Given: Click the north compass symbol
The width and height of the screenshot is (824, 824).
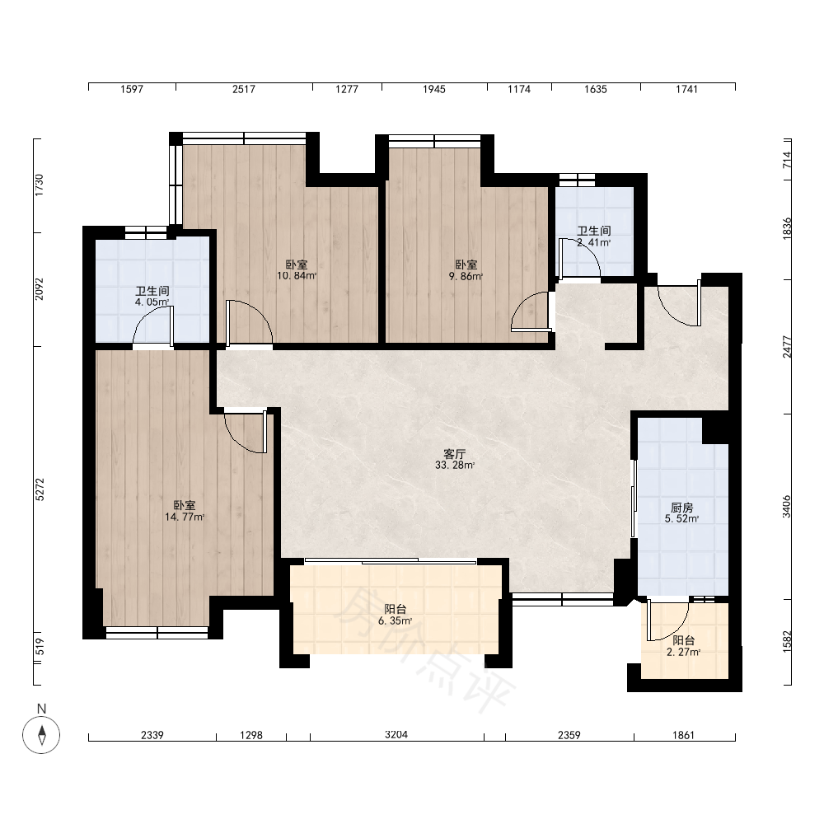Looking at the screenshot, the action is point(41,733).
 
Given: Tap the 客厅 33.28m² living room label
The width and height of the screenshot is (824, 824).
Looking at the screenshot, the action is point(455,459).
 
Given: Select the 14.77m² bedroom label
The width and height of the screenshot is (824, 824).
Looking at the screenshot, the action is point(185,511).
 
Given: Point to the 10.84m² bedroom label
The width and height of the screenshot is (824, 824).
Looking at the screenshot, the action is point(297,270).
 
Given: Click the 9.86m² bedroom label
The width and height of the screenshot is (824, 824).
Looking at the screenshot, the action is point(466,270).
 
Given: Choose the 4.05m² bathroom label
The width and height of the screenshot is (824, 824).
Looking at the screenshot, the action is point(152,297).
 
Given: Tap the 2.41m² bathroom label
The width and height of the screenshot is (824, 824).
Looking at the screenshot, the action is point(594,236).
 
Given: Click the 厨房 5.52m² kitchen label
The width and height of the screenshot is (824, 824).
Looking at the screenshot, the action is point(682,513).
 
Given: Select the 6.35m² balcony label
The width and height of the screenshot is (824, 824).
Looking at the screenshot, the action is point(396,615).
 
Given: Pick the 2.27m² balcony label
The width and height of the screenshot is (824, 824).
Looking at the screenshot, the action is point(684,646).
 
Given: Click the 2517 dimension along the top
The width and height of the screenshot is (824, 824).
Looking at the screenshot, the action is point(244,89).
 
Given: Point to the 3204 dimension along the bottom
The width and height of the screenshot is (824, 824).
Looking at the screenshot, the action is point(396,735).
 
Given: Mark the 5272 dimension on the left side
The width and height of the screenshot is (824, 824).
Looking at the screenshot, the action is point(40,489).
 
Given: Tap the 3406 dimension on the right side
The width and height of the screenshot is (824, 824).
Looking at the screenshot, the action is point(786,507).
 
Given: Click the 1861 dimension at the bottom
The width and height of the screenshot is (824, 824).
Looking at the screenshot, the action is point(684,735).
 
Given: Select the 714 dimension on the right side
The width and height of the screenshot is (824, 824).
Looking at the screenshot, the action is point(786,160).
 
